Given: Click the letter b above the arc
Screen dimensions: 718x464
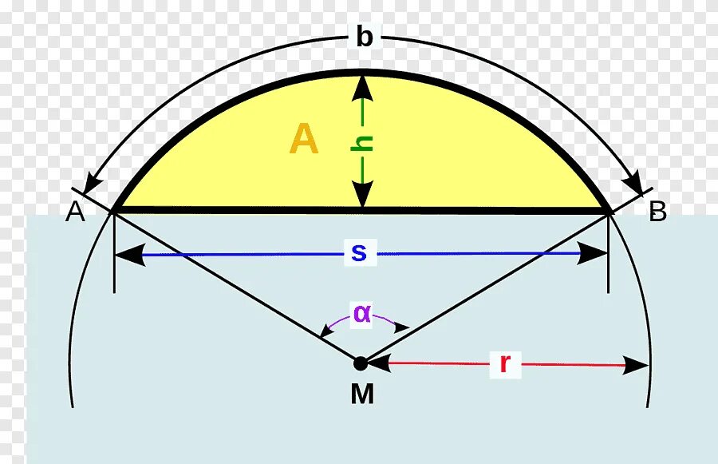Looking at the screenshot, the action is pos(364,37).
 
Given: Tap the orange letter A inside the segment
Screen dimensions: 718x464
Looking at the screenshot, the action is pos(304,140).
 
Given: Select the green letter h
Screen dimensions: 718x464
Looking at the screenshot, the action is pos(363,143).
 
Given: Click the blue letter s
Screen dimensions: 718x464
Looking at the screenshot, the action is pos(359,253).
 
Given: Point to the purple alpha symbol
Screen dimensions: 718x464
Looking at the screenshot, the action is pos(362,313).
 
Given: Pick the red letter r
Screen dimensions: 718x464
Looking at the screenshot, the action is pos(504,363).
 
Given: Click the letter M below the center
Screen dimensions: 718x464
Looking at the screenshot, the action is pos(362,395).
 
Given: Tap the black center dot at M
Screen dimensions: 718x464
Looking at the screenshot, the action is pos(361,363).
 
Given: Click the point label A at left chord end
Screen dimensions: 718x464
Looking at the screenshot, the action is pos(75,212).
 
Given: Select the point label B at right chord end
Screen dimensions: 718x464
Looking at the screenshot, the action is pos(657,212).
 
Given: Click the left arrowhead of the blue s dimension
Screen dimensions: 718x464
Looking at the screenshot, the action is pos(128,254).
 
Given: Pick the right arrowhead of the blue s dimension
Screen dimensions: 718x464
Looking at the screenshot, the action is pos(594,254).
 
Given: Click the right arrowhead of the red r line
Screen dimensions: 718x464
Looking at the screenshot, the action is pos(637,365).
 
